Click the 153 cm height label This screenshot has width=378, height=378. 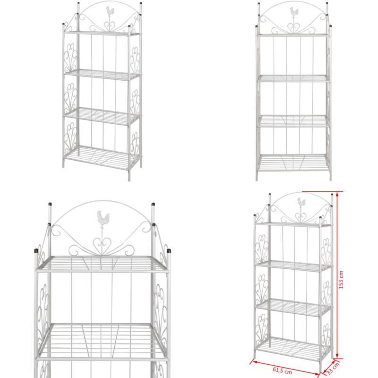[341, 280]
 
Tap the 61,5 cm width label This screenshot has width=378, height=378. [282, 370]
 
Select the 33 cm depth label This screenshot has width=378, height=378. [333, 368]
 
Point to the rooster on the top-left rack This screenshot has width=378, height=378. [110, 11]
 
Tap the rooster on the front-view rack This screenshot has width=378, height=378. [294, 11]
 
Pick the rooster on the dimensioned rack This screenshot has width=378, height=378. [301, 202]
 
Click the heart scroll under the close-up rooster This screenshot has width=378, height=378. [103, 245]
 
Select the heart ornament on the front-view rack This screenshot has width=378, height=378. [293, 28]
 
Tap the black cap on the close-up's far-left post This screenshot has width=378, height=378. [36, 251]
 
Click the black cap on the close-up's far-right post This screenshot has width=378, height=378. [169, 251]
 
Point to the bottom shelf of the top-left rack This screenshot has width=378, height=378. [101, 157]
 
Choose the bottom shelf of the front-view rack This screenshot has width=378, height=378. [293, 163]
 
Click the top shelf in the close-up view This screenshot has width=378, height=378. [102, 264]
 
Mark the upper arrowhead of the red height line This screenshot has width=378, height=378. [337, 194]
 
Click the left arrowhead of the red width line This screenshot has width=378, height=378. [253, 361]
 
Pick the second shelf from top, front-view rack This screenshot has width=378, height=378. [293, 78]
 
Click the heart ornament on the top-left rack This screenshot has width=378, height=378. [110, 26]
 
